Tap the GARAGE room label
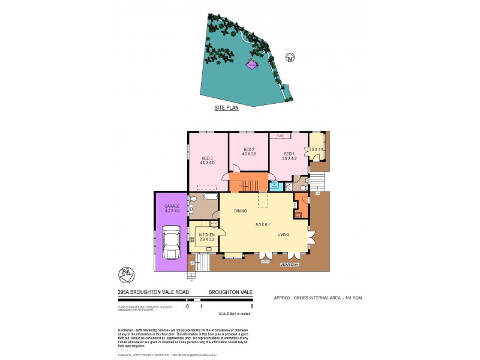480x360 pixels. [172, 206]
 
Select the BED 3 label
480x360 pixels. [207, 158]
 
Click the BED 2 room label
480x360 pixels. [250, 149]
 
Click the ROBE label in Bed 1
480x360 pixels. [280, 137]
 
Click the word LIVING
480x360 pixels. [284, 235]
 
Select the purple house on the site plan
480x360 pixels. [252, 65]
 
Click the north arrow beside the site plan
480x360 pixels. [290, 58]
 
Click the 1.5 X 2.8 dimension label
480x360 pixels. [316, 149]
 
